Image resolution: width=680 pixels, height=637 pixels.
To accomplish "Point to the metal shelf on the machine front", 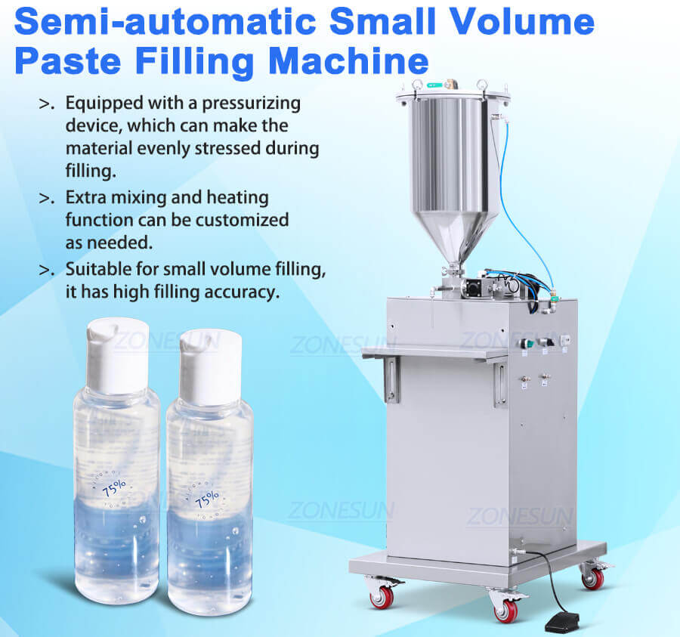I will (x=434, y=353).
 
